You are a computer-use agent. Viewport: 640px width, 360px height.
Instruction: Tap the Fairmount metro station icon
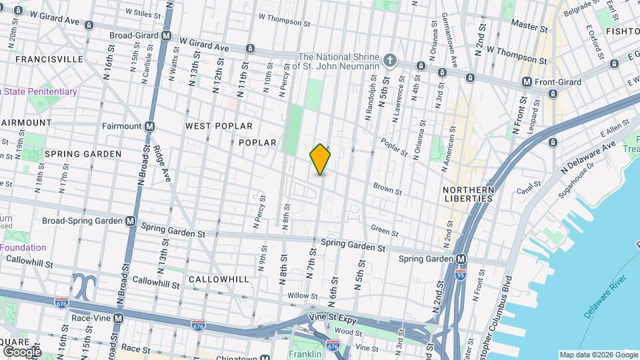[150, 126]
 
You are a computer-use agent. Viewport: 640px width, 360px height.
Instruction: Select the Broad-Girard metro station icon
[166, 35]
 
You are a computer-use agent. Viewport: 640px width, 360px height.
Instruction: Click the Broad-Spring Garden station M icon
[130, 221]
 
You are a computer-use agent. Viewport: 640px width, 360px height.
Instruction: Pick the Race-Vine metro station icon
[118, 319]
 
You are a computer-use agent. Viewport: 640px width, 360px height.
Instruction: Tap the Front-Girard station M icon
[527, 82]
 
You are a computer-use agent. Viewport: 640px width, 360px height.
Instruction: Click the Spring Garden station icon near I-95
[461, 259]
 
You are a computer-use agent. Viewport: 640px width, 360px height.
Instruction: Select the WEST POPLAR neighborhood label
[219, 126]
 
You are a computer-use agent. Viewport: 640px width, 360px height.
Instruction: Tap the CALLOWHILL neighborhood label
[218, 279]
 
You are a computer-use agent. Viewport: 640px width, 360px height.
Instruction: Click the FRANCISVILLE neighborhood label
[49, 59]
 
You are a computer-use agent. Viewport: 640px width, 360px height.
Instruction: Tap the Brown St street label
[387, 189]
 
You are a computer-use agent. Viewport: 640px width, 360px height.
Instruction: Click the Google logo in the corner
[22, 351]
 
